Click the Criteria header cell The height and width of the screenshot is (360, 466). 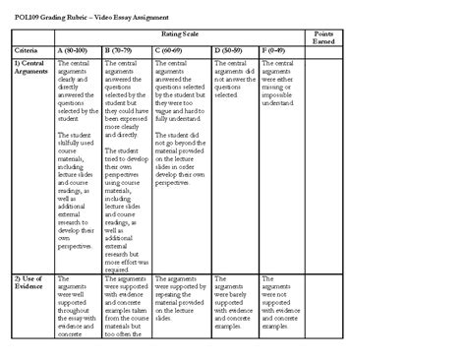(x=27, y=48)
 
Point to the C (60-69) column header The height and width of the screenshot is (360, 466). (x=173, y=48)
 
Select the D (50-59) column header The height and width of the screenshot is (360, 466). (x=230, y=48)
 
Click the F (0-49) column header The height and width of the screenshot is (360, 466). (x=277, y=48)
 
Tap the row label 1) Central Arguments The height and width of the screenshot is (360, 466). (x=31, y=67)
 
